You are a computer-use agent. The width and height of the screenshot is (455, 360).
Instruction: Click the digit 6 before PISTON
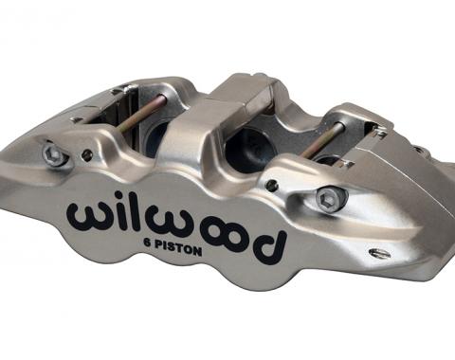[x=147, y=243]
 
